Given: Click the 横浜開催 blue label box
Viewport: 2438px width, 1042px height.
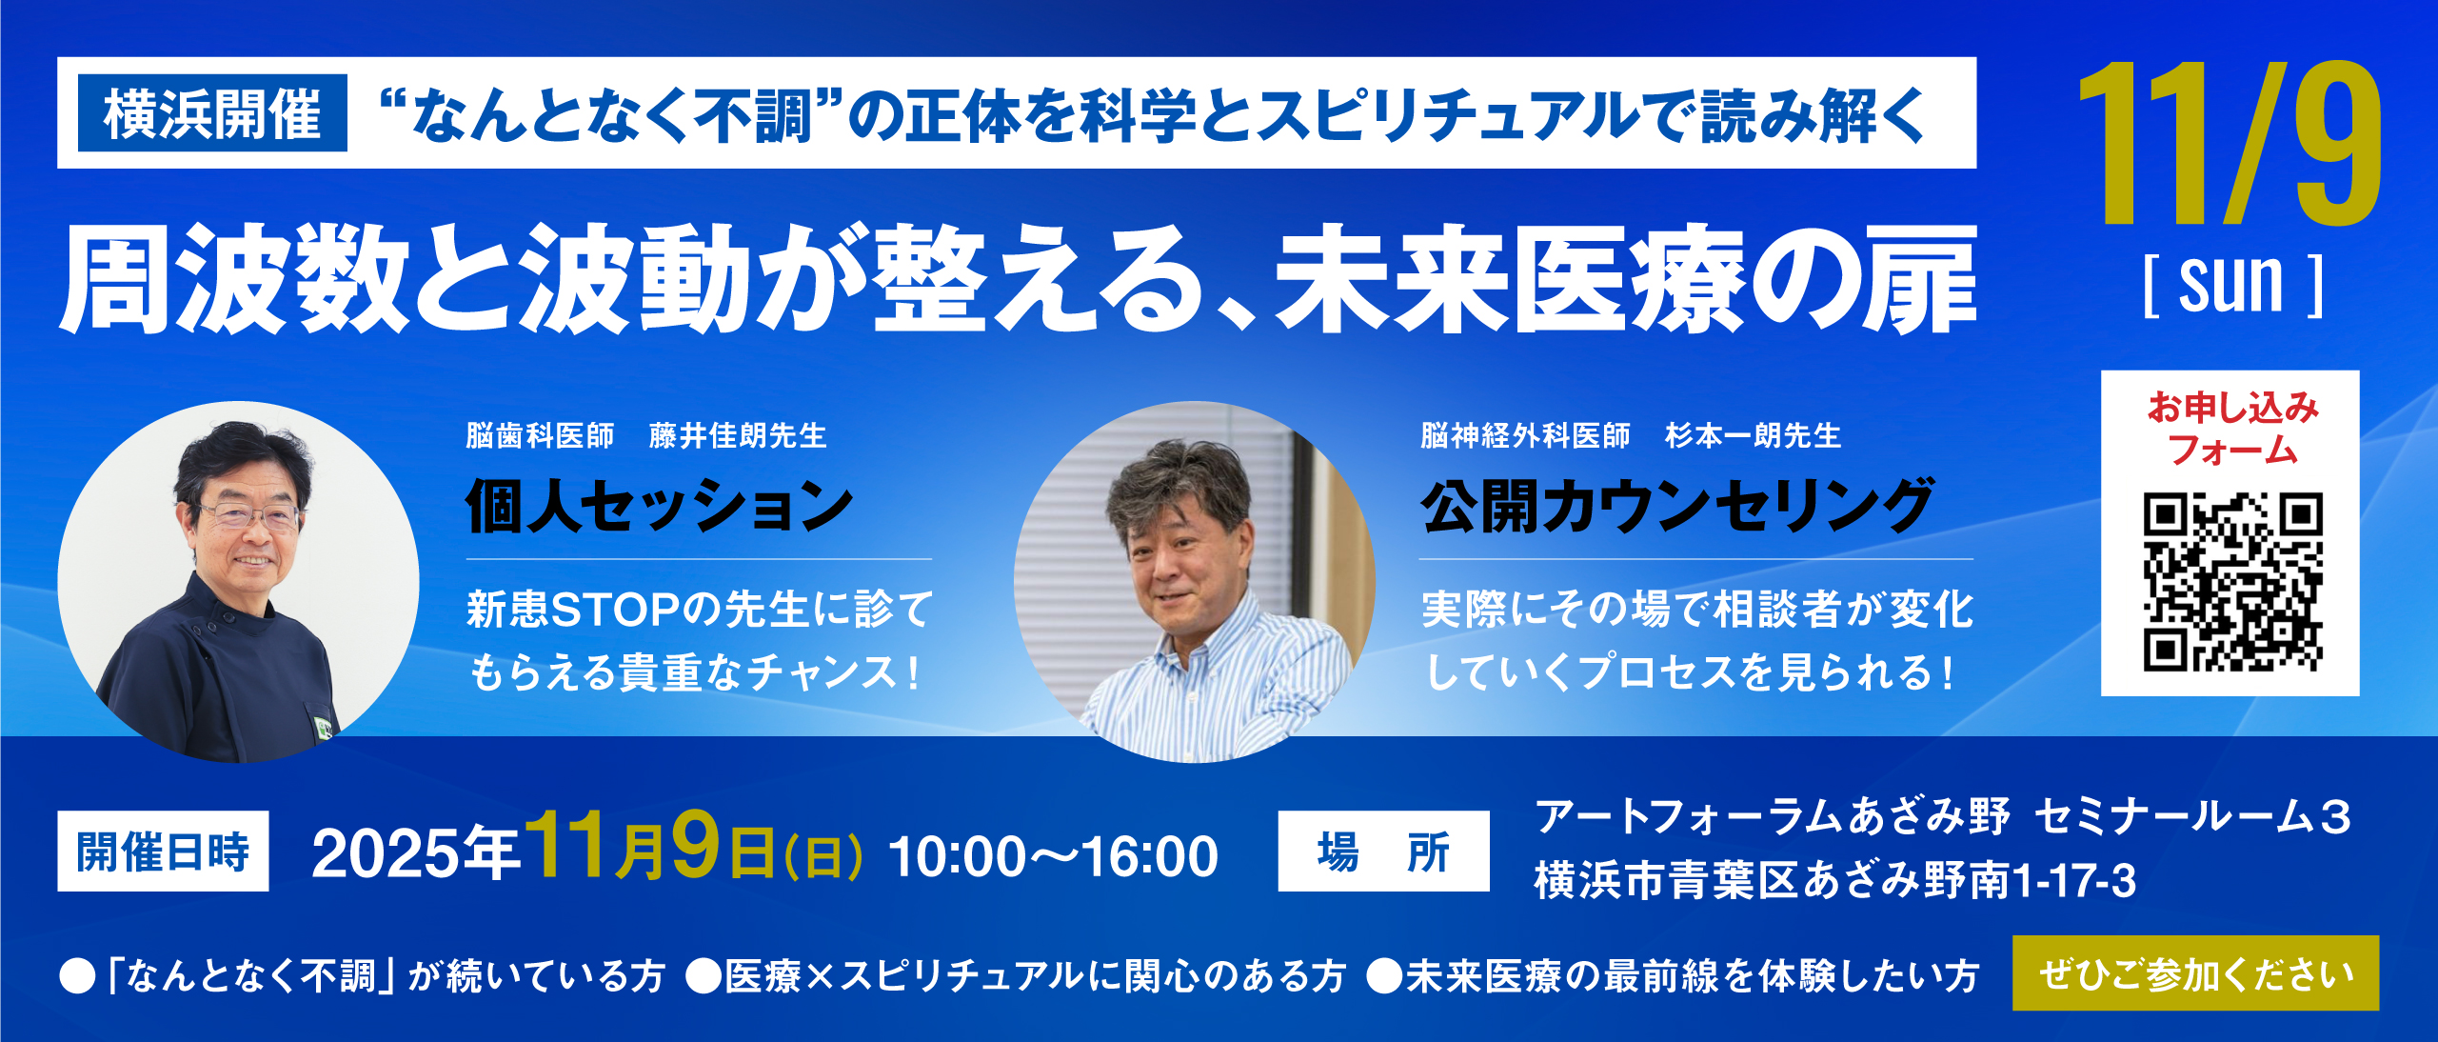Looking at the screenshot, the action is coord(212,113).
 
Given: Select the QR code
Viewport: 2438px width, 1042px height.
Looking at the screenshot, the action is coord(2232,582).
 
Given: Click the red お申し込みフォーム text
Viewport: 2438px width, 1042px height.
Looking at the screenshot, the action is coord(2232,429).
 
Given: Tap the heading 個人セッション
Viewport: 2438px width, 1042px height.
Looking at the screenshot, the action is coord(660,506).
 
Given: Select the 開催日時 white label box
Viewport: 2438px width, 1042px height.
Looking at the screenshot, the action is coord(163,851).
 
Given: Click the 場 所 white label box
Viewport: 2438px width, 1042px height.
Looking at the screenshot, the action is coord(1383,851).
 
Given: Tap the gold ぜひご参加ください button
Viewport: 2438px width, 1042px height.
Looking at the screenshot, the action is coord(2195,973).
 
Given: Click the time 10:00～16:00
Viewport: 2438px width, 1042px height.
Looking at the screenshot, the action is coord(1053,855).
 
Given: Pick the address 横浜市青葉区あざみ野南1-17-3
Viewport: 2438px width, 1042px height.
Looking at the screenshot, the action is coord(1834,880).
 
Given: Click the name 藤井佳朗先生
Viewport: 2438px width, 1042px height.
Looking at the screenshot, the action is coord(738,435).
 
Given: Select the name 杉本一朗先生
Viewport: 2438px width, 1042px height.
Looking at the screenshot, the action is coord(1753,435).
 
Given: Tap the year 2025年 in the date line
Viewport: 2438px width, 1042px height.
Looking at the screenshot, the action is coord(415,853).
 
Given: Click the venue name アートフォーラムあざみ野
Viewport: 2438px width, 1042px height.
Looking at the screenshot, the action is coord(1773,817).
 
